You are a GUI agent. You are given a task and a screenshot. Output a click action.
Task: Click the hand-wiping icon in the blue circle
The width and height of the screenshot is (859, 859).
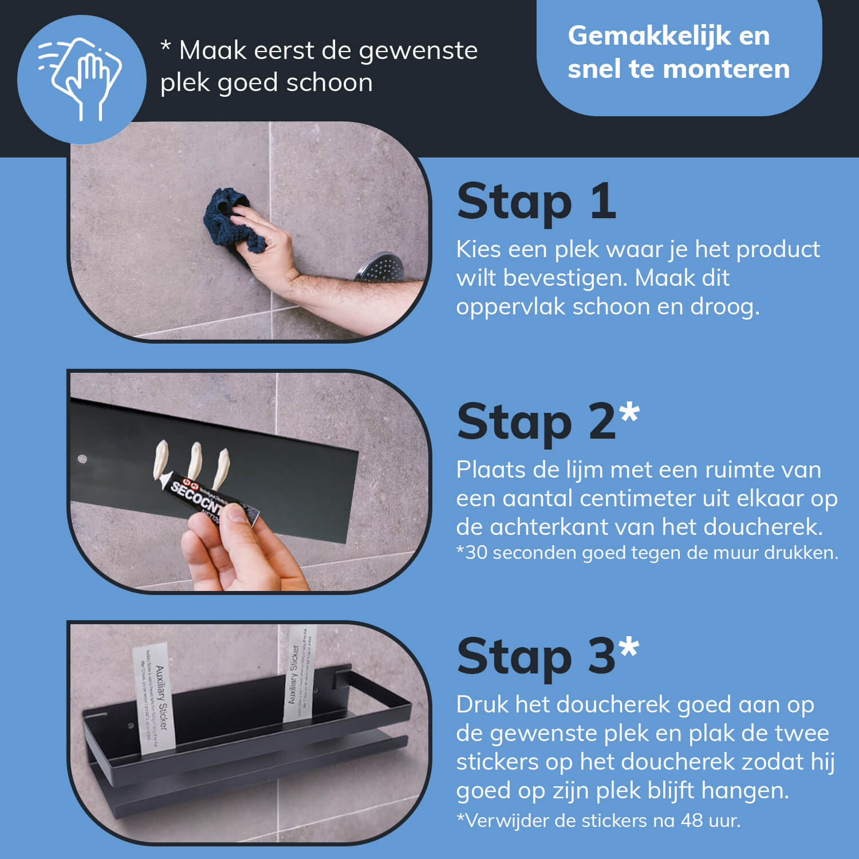(x=81, y=78)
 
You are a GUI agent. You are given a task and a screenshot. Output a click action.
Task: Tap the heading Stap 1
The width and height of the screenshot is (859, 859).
(x=536, y=202)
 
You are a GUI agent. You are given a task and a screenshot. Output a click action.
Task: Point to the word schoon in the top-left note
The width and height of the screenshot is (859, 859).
(x=329, y=83)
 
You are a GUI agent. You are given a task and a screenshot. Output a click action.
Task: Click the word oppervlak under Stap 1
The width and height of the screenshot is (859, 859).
(x=510, y=307)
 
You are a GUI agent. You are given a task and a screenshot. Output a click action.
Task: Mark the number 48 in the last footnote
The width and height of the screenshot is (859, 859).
(x=692, y=820)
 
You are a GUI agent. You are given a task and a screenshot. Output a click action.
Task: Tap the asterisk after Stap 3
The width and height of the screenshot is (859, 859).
(x=629, y=647)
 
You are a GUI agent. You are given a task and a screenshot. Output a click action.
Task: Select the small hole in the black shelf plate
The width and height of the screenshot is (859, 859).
(x=82, y=459)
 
